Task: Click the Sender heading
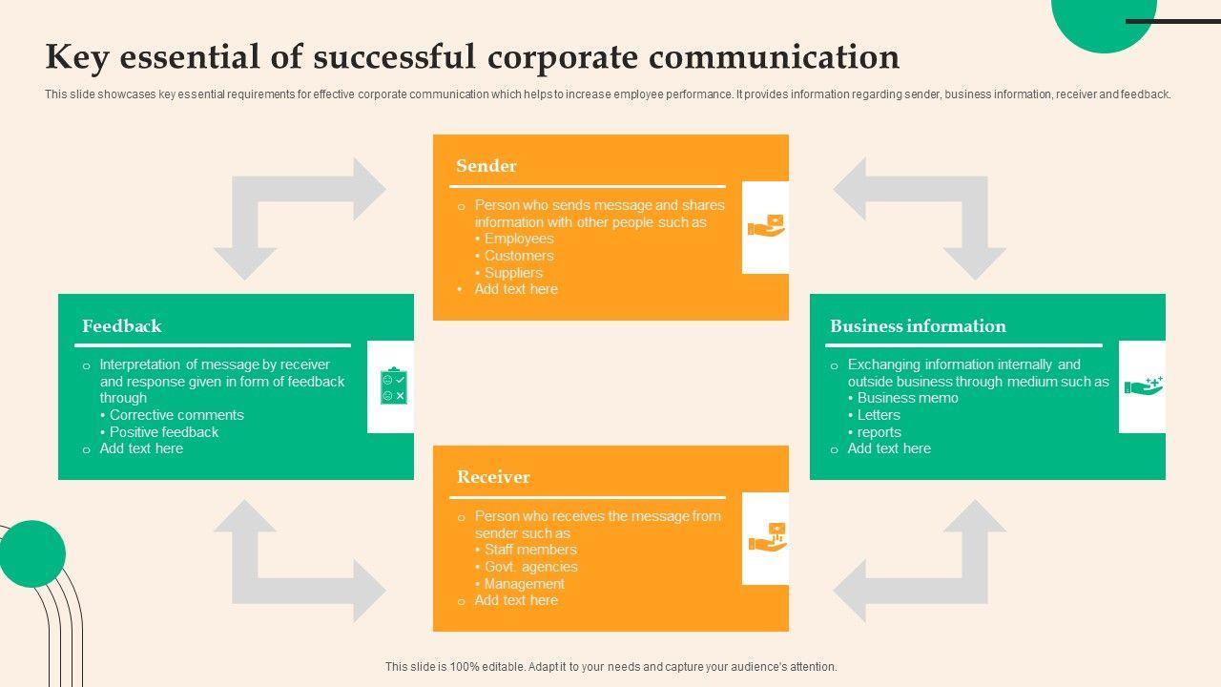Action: (x=486, y=166)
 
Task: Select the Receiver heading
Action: (x=493, y=477)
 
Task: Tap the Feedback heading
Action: (x=122, y=326)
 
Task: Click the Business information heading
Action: (x=918, y=326)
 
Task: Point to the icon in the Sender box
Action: (x=766, y=226)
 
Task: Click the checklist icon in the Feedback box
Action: (x=392, y=386)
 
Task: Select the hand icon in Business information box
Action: (x=1143, y=385)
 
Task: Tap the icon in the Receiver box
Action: (x=766, y=537)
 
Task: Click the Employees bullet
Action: (x=518, y=239)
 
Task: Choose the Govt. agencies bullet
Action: (x=530, y=567)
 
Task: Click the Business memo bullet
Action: (x=907, y=398)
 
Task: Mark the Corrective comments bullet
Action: (x=176, y=415)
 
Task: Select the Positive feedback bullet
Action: (x=164, y=432)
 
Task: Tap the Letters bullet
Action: (x=879, y=415)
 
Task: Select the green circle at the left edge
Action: (x=31, y=553)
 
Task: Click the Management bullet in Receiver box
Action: (x=524, y=584)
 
